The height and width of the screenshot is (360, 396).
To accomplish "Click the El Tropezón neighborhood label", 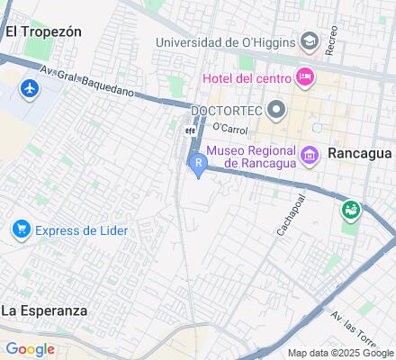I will click(x=42, y=31).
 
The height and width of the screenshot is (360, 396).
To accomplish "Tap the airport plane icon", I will click(x=28, y=89).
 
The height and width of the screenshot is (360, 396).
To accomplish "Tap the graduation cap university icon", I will click(x=310, y=41).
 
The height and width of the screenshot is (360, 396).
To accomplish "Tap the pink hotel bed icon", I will click(x=304, y=77).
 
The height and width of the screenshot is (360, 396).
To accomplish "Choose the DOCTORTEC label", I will click(x=225, y=110).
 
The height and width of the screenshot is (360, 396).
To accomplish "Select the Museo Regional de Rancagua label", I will click(x=252, y=157).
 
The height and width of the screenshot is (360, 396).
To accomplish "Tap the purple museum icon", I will click(x=310, y=157).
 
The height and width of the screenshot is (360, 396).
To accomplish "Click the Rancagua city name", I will click(x=359, y=153).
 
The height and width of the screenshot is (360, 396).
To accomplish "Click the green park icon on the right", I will click(x=350, y=211).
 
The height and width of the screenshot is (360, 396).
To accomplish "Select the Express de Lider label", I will click(x=81, y=230).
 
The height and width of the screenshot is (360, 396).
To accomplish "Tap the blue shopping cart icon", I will click(x=20, y=230).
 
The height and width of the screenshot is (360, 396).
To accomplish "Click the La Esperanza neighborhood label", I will click(x=45, y=310).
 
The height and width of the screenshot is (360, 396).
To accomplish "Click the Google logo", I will click(x=30, y=349).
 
